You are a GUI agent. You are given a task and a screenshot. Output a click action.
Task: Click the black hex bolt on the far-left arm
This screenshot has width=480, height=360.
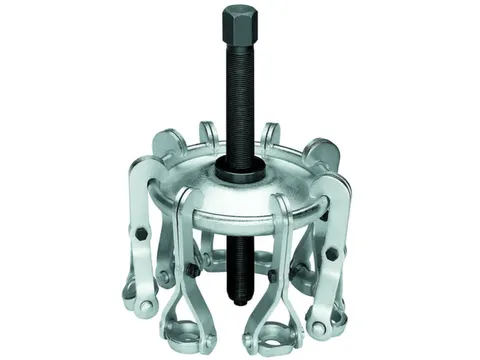[x=141, y=233]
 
